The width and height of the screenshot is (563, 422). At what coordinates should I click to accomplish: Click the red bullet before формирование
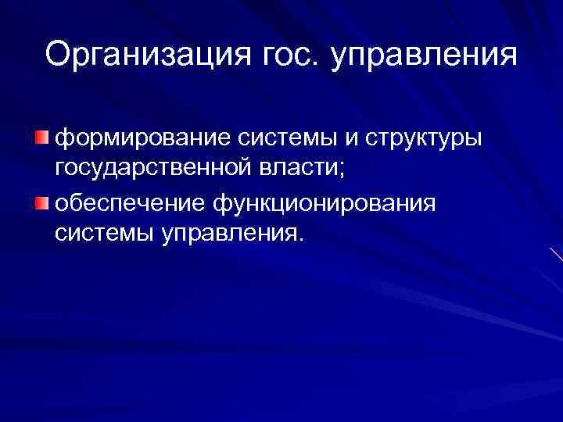pyautogui.click(x=41, y=138)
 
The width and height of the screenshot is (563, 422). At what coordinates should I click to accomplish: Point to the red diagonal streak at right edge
pyautogui.click(x=556, y=255)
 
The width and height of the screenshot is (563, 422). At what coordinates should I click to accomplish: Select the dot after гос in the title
pyautogui.click(x=317, y=65)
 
